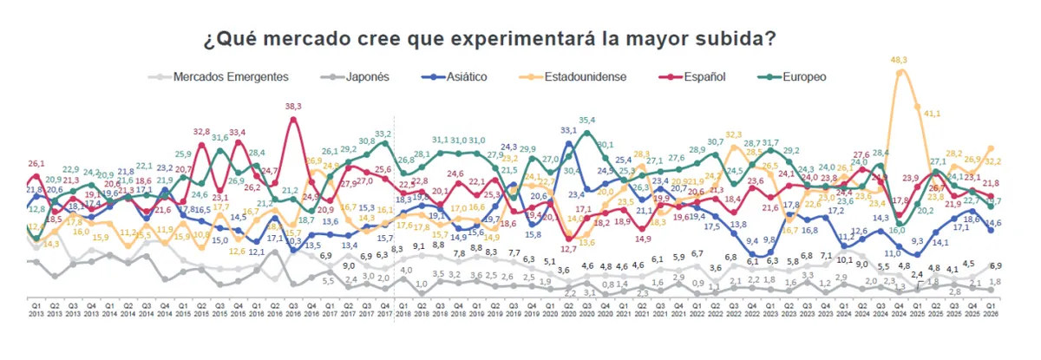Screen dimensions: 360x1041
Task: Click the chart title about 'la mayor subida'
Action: (x=489, y=40)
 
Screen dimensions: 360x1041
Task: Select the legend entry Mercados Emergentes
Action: (x=231, y=76)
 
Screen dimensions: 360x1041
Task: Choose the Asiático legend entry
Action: (x=460, y=76)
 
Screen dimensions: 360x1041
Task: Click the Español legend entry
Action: (x=702, y=76)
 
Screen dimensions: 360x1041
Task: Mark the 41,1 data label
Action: (x=933, y=114)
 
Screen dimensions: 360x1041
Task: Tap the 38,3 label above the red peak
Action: (x=293, y=107)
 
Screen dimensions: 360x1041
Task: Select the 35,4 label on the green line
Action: (x=587, y=121)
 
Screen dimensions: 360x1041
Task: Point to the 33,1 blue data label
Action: (x=569, y=130)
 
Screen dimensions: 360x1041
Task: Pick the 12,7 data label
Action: (x=569, y=249)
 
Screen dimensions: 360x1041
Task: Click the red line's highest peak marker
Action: (x=293, y=119)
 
